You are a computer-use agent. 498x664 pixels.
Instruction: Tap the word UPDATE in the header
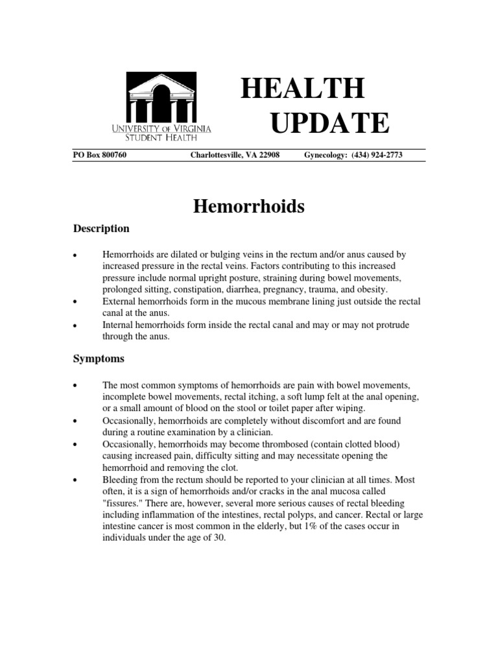tap(329, 123)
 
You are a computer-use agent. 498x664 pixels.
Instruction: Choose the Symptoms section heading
tap(98, 358)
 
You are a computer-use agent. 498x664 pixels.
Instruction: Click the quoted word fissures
tap(124, 503)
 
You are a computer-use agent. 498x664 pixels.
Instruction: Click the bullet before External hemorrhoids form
tap(76, 302)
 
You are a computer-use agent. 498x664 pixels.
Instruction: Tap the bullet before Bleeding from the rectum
tap(76, 480)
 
